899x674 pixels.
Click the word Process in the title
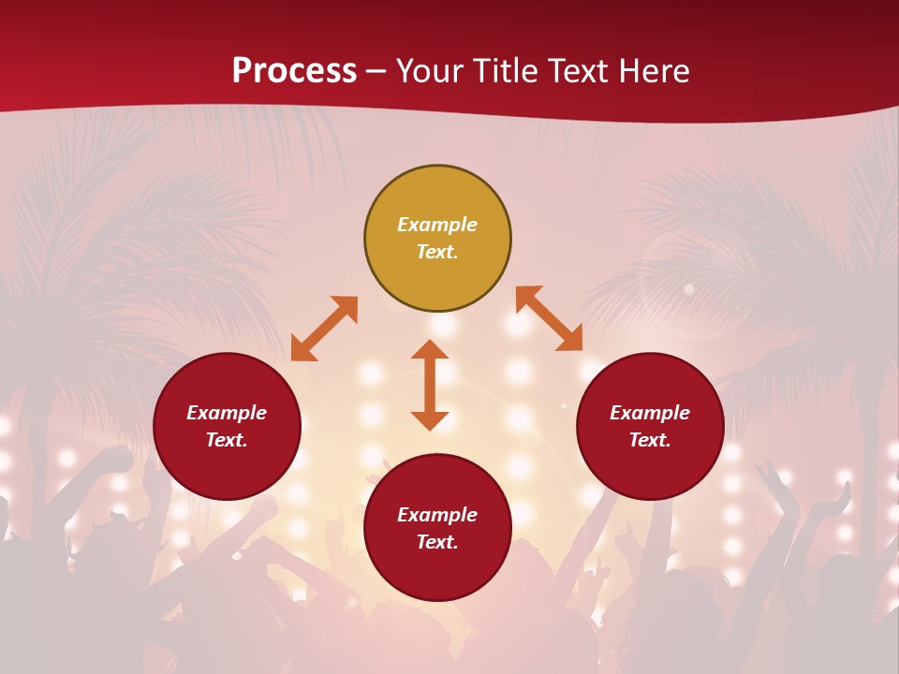pos(294,71)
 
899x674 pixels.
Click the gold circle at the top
pos(437,198)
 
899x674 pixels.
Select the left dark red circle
pos(227,468)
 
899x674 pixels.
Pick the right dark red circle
pos(650,468)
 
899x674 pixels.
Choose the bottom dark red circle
pos(437,571)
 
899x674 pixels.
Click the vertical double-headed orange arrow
pos(430,385)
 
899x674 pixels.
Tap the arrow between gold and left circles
pos(324,329)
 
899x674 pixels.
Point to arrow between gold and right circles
pos(549,319)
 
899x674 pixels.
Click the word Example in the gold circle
pos(437,225)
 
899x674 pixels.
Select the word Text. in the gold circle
pos(437,252)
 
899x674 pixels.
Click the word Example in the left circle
pos(227,413)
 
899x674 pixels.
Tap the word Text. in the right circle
pos(650,440)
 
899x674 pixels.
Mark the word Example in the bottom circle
pos(437,515)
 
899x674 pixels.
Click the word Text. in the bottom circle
pos(437,542)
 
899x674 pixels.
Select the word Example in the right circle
pos(650,413)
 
